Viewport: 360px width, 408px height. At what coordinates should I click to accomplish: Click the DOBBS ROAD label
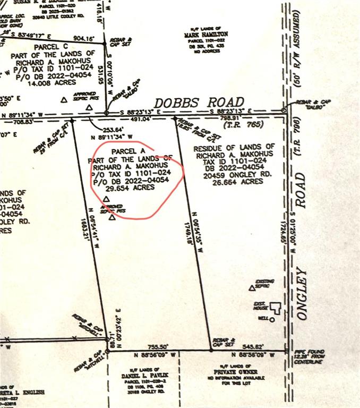(199, 102)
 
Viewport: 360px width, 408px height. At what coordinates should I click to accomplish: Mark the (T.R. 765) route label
(235, 125)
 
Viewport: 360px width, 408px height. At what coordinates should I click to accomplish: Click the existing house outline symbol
(275, 307)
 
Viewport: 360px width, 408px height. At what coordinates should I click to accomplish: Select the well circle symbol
(272, 319)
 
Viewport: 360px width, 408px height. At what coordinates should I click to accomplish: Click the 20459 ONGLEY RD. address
(233, 174)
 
